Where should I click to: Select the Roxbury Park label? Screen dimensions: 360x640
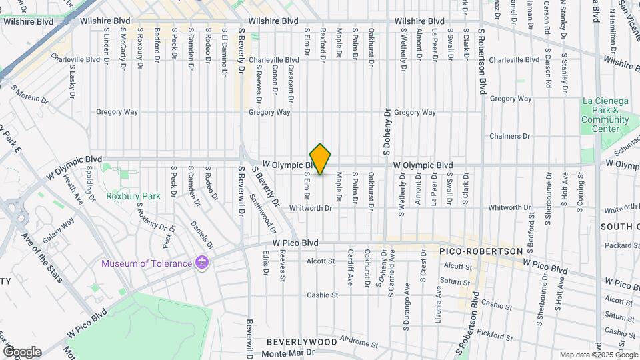pos(133,197)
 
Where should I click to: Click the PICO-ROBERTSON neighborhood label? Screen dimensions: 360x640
pos(480,251)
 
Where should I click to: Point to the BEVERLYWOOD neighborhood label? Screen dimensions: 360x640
pos(301,341)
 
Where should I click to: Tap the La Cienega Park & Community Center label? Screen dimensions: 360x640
pos(605,111)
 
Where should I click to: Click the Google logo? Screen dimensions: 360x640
pos(22,351)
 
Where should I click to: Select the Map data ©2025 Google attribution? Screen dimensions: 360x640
pos(598,355)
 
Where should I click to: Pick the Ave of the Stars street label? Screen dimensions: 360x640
pos(42,257)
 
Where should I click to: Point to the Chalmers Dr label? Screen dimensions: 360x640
pos(509,136)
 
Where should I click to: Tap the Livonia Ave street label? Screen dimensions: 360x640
pos(439,301)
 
